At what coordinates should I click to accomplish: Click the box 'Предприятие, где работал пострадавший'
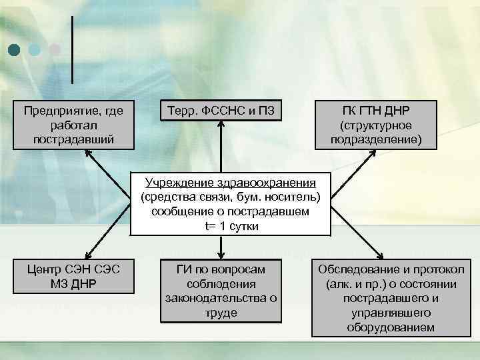[x=73, y=124]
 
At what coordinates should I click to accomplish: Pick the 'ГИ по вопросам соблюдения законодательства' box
[x=221, y=291]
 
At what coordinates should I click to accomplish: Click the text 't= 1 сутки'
[x=231, y=227]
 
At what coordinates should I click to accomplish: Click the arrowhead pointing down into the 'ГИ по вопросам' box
[x=221, y=255]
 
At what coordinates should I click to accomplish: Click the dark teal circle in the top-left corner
[x=14, y=49]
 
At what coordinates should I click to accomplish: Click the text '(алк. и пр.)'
[x=352, y=283]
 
